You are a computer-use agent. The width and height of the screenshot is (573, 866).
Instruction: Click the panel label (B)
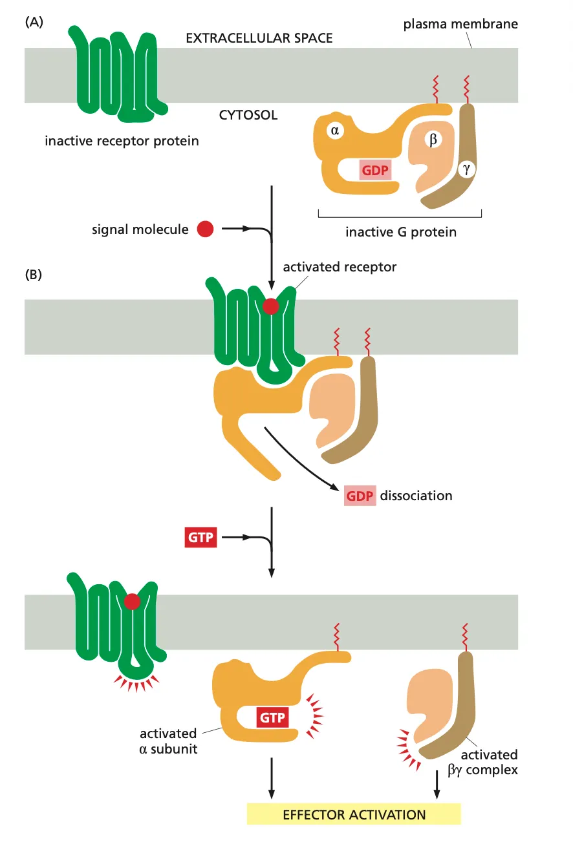click(33, 274)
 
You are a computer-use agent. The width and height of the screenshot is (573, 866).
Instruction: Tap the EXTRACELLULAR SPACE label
click(259, 38)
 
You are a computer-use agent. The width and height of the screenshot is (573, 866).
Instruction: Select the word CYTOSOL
click(248, 116)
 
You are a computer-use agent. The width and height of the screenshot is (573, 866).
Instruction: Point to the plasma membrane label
click(460, 25)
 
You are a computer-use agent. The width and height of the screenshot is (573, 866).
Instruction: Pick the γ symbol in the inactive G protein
click(465, 170)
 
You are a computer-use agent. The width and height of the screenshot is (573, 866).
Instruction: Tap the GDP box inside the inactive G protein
click(376, 170)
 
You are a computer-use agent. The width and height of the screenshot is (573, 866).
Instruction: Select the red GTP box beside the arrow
click(200, 537)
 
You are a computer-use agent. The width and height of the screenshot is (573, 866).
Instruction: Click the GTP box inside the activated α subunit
click(272, 718)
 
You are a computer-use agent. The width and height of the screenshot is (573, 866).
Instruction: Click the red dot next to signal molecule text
click(205, 229)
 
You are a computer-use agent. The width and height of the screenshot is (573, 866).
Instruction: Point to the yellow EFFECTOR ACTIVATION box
click(354, 814)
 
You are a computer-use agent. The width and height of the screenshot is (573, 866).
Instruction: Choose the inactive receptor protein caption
click(122, 140)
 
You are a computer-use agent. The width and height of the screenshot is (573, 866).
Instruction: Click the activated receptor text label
click(340, 267)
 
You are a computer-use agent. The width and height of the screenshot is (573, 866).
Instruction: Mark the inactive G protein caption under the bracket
click(400, 231)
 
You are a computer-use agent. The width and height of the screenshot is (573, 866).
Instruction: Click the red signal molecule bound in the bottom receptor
click(132, 602)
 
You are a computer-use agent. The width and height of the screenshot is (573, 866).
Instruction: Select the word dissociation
click(416, 496)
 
